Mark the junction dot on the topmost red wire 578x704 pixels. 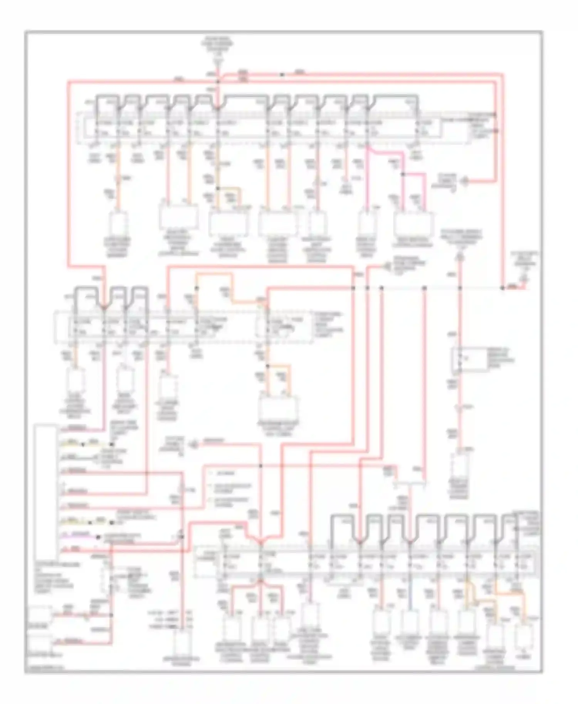[x=282, y=74]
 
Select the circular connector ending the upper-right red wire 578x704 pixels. [x=465, y=180]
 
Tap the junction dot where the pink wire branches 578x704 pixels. [x=403, y=174]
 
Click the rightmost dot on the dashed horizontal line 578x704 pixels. [x=502, y=288]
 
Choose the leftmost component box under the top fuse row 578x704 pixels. [x=119, y=223]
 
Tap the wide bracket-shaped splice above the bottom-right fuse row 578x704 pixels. [x=411, y=481]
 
